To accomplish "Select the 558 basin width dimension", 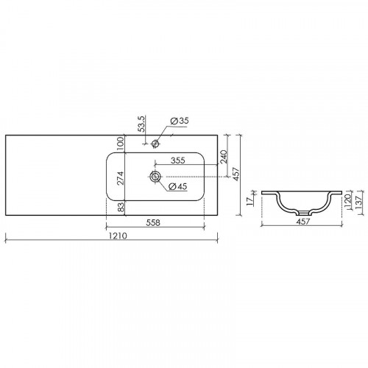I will click(x=152, y=222).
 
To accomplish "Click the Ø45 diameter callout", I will click(x=177, y=186).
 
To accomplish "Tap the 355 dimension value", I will click(x=177, y=160).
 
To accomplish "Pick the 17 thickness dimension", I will click(x=251, y=199).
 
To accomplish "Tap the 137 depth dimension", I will click(x=358, y=200).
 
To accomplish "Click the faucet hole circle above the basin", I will click(x=156, y=143).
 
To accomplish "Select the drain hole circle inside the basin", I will click(x=155, y=177).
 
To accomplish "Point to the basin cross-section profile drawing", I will click(x=300, y=200).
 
